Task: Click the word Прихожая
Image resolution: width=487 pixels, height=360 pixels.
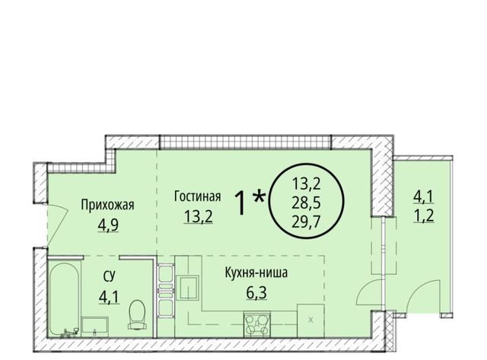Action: click(x=107, y=205)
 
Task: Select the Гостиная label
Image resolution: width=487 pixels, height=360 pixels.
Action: click(x=198, y=196)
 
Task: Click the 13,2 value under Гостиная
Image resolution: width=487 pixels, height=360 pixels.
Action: click(x=198, y=216)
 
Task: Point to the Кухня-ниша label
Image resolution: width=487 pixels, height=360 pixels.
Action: click(x=256, y=272)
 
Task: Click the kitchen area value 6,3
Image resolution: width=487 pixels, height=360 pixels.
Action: click(x=256, y=292)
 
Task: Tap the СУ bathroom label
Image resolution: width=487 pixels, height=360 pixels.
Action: click(x=110, y=276)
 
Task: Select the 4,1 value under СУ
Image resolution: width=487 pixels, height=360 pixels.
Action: click(x=110, y=297)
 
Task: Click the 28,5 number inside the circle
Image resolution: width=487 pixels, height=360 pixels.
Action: click(x=306, y=204)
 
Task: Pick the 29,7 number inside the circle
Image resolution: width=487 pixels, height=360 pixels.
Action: click(x=306, y=221)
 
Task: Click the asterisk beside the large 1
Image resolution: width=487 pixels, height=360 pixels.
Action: click(x=259, y=198)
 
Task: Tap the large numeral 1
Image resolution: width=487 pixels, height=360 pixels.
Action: click(x=241, y=202)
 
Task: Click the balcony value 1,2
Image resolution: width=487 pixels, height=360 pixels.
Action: click(x=424, y=215)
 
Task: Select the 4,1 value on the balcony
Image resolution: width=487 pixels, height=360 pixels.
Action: click(x=424, y=197)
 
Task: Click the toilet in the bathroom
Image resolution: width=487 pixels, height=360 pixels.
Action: click(x=136, y=314)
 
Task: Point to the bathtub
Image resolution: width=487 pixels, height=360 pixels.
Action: click(x=65, y=301)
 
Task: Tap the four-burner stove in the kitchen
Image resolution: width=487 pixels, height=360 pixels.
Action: click(x=256, y=324)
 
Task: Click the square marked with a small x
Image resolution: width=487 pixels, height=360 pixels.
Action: click(x=310, y=320)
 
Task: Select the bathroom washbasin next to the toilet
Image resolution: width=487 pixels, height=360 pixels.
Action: click(x=94, y=327)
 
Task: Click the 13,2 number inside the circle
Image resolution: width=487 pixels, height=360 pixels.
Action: click(x=306, y=185)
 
